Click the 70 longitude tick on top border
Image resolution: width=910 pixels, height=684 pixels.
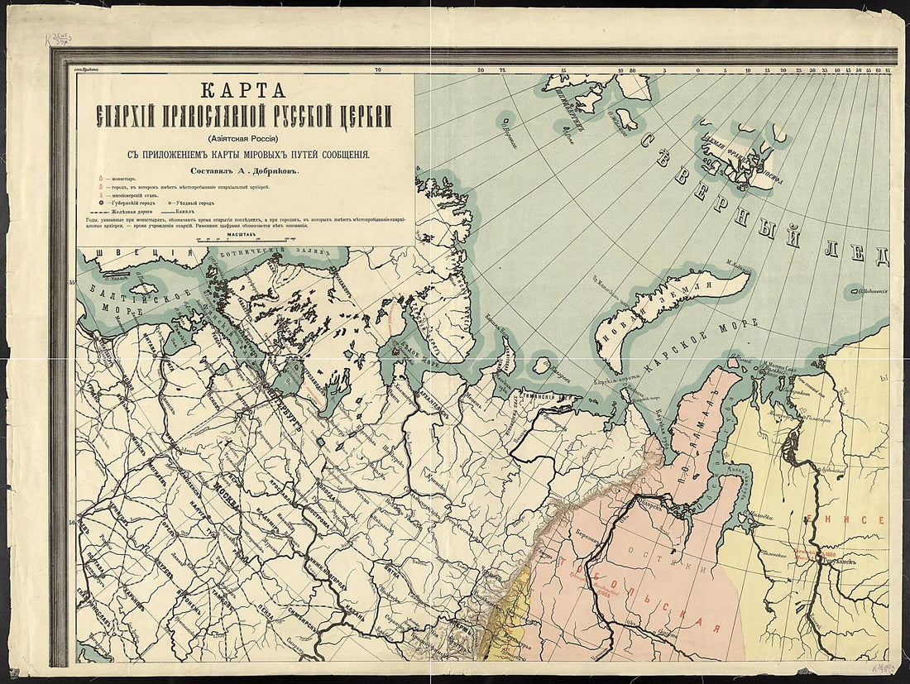(x=377, y=70)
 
